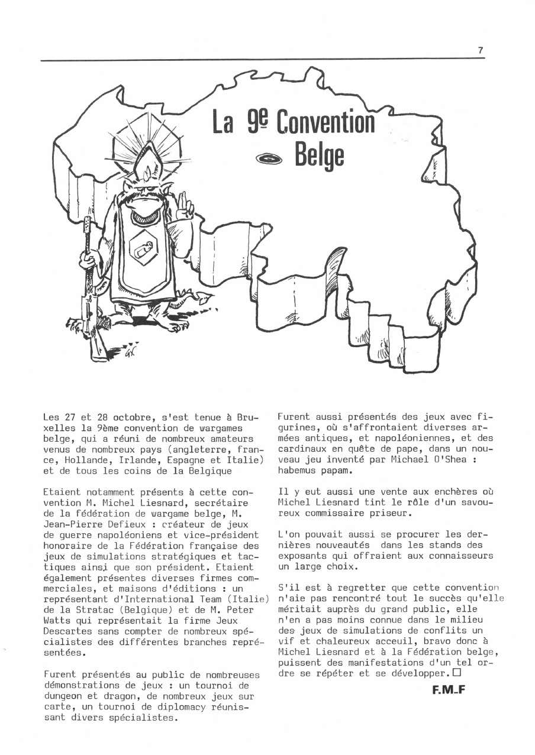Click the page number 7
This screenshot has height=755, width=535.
pyautogui.click(x=481, y=51)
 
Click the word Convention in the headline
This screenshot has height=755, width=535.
pyautogui.click(x=325, y=122)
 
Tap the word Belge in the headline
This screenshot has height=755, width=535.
pyautogui.click(x=319, y=156)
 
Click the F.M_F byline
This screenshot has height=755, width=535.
pyautogui.click(x=449, y=688)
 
